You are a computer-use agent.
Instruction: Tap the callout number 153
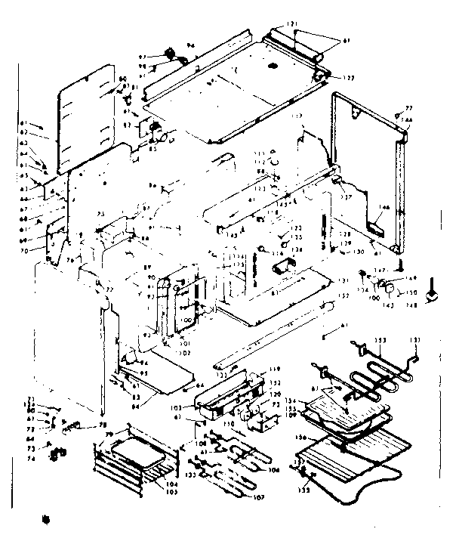tap(382, 342)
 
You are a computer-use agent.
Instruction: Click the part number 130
tap(358, 251)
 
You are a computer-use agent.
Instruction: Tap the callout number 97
tap(161, 57)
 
